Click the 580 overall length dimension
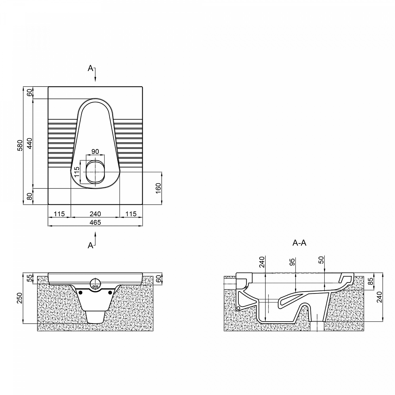tap(20, 145)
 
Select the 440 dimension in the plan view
tap(29, 144)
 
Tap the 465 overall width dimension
tap(95, 223)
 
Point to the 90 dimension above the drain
tap(95, 152)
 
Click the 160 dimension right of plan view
tap(158, 188)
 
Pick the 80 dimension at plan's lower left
tap(29, 196)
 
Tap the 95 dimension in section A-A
tap(293, 262)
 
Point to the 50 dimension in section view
tap(321, 260)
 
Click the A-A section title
tap(299, 243)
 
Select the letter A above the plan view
tap(90, 68)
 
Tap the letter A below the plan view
tap(90, 245)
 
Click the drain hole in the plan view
tap(95, 172)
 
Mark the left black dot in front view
tap(81, 292)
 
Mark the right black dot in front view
tap(110, 292)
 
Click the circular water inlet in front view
tap(95, 284)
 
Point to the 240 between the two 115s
tap(95, 214)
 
